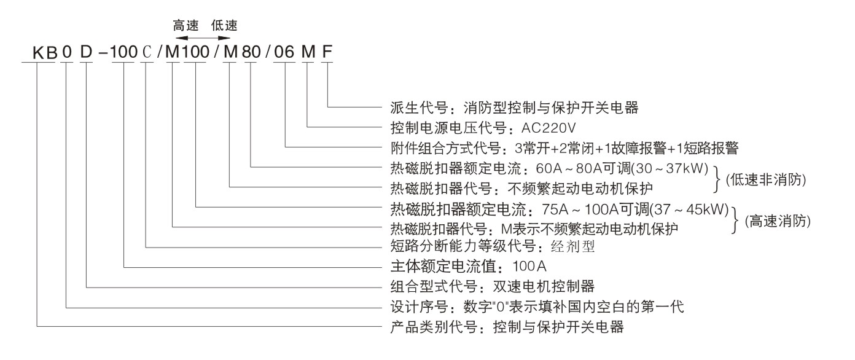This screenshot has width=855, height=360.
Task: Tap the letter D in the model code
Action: coord(86,53)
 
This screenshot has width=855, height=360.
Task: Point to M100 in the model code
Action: coord(187,53)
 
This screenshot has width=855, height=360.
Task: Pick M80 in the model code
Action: coord(239,53)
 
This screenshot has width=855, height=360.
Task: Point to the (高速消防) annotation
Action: coord(777,222)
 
